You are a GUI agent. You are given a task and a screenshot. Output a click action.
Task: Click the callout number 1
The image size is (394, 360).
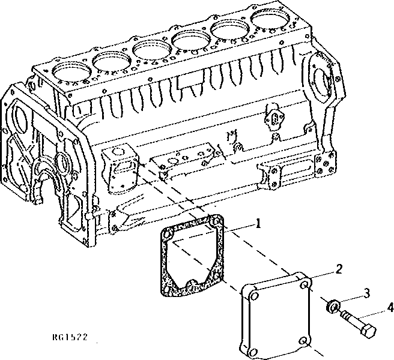coord(258,225)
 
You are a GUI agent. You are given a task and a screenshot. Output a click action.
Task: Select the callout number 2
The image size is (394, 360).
coord(339,269)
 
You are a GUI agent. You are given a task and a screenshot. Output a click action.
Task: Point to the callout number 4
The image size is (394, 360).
coord(390,307)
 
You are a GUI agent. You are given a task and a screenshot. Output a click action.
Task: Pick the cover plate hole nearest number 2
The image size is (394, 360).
coord(305,286)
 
